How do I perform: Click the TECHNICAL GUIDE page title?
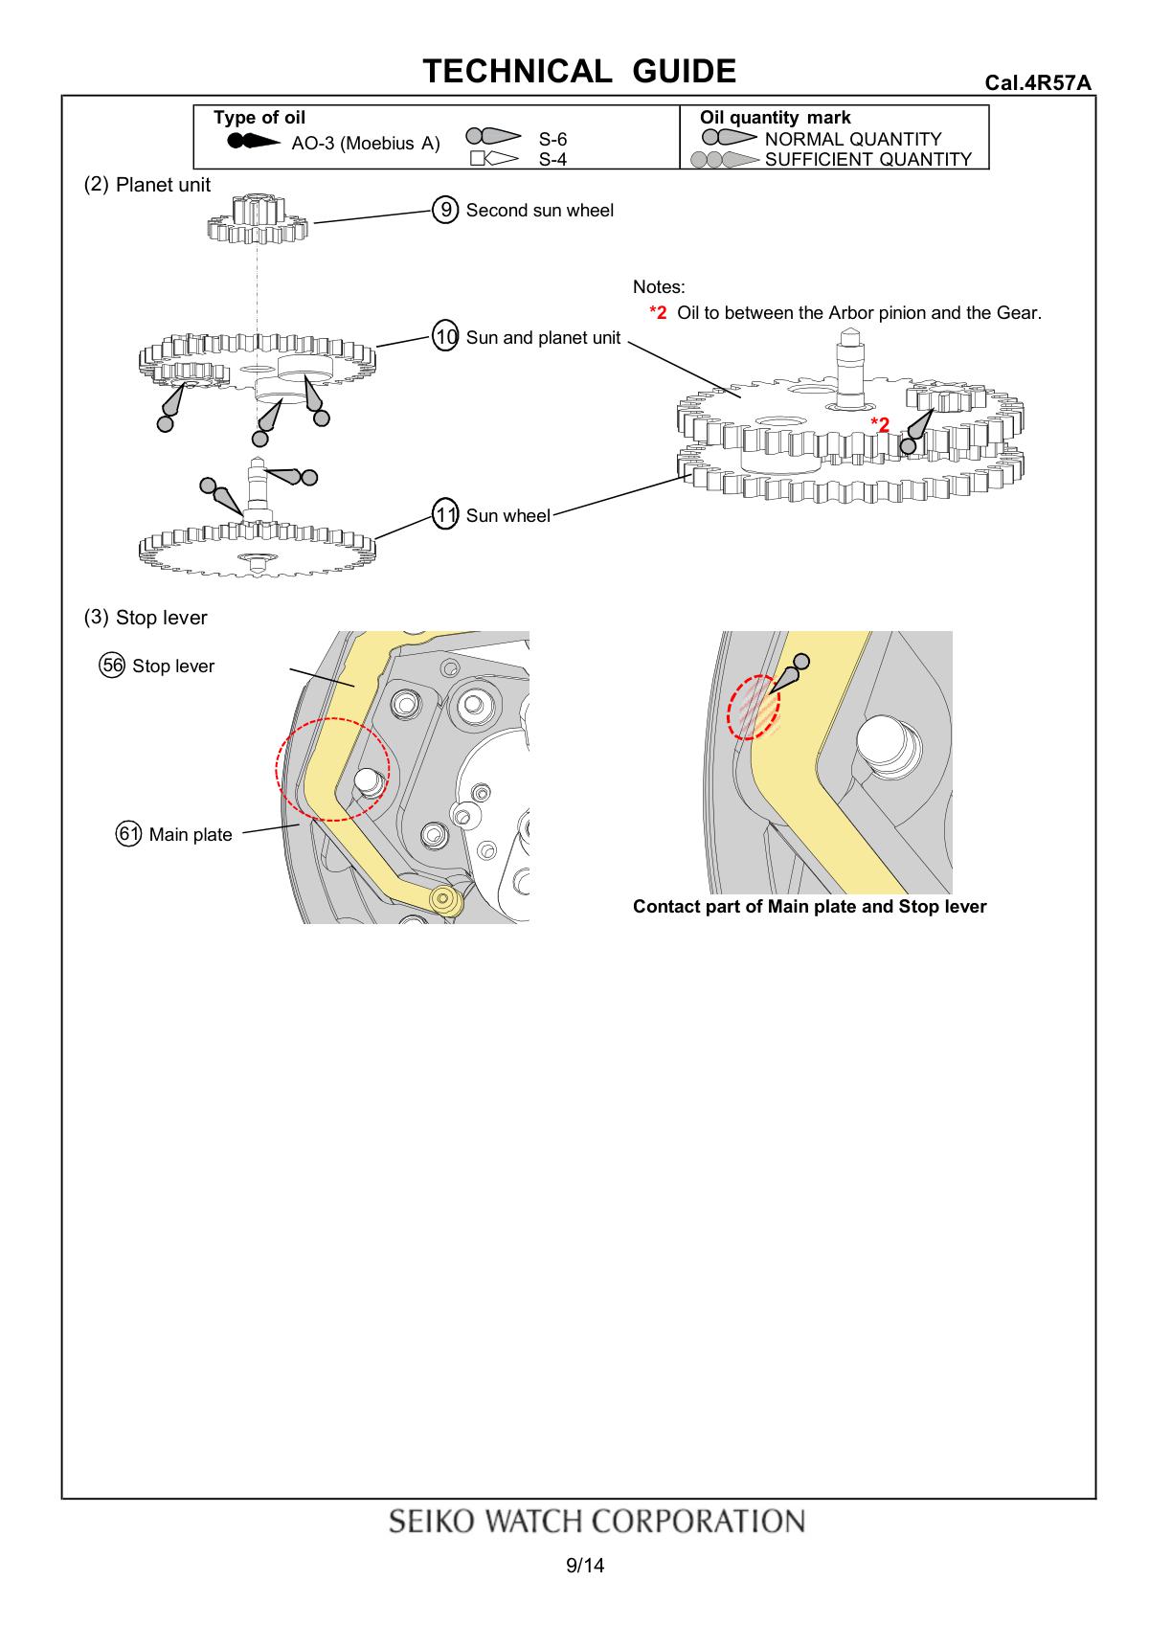tap(579, 71)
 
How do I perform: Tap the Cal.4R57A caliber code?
tap(1037, 82)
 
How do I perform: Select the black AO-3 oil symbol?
tap(254, 141)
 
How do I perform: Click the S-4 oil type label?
tap(552, 159)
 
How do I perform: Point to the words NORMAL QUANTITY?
tap(853, 139)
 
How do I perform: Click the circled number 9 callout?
tap(445, 210)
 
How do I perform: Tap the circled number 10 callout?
tap(445, 336)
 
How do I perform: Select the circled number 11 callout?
tap(445, 514)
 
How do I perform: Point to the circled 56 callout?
tap(112, 665)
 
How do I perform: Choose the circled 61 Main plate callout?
tap(128, 833)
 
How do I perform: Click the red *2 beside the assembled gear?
tap(880, 424)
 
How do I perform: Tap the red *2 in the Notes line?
tap(658, 312)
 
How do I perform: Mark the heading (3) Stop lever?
tap(146, 617)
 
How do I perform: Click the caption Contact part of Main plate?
tap(809, 906)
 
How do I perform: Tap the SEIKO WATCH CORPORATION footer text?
tap(597, 1521)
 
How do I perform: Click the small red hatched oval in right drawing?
tap(754, 707)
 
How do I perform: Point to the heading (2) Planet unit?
tap(146, 185)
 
